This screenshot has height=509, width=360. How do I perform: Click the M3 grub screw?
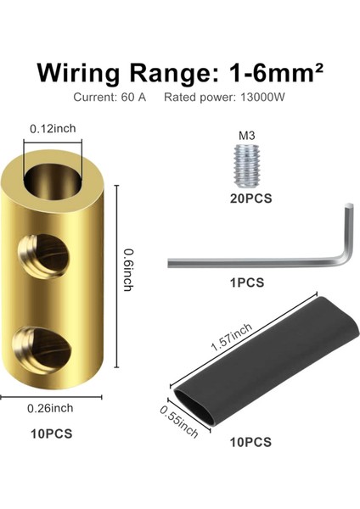point(247,166)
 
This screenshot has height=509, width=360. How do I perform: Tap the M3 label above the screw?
point(247,136)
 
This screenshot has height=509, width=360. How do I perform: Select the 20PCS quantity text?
point(250,199)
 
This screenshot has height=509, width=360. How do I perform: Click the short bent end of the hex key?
point(347,234)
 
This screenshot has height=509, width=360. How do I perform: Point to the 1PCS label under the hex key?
point(247,282)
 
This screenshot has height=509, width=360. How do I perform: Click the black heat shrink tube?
point(267,361)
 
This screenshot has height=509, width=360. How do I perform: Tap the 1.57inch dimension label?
point(231,338)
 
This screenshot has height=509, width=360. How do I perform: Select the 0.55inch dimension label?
point(178,422)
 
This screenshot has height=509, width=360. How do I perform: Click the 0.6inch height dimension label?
point(129,270)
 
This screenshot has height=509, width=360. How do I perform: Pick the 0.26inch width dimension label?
point(50,408)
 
